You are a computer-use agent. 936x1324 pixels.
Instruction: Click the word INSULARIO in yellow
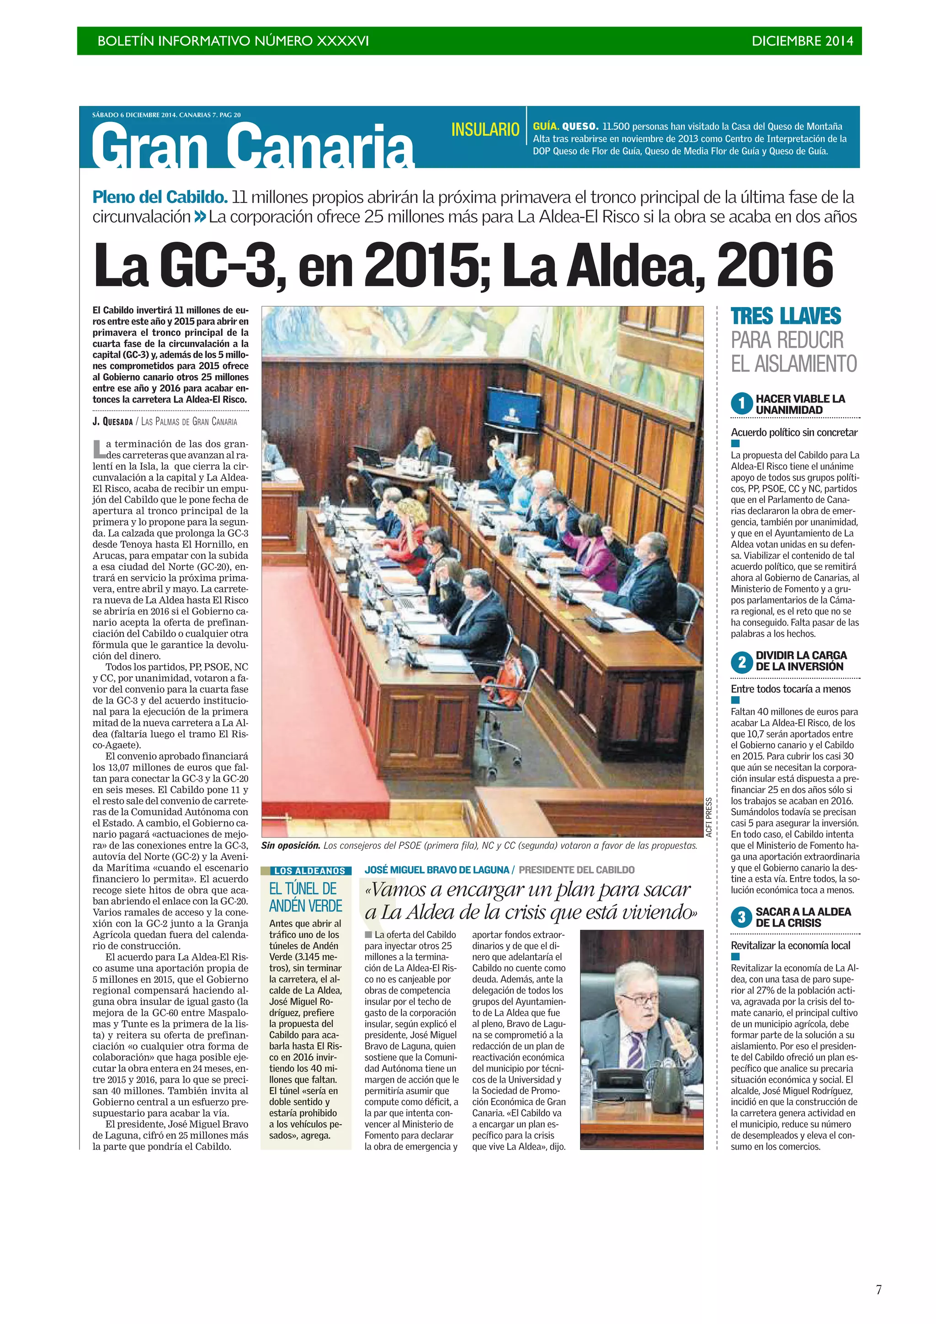[x=485, y=130]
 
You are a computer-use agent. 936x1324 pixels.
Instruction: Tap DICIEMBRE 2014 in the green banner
[x=802, y=41]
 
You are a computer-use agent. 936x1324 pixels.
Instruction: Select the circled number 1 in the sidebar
[x=742, y=404]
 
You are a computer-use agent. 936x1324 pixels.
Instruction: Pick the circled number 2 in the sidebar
[x=742, y=662]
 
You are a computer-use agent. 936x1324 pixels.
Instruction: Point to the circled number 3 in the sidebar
[x=742, y=917]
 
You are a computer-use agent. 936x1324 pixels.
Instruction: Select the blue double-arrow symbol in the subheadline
[x=200, y=217]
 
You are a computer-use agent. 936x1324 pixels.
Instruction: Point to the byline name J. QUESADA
[x=112, y=422]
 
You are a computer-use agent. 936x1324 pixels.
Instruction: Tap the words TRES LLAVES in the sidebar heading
[x=786, y=317]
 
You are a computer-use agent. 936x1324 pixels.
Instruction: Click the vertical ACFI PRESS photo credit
[x=709, y=817]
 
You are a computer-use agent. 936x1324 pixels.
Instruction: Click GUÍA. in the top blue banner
[x=545, y=126]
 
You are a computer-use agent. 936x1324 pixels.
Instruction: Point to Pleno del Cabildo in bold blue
[x=160, y=197]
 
